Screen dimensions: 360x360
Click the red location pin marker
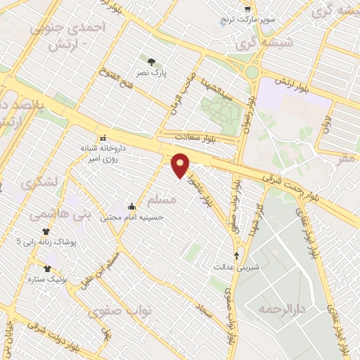pos(181,165)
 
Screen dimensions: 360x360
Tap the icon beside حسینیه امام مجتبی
pos(131,207)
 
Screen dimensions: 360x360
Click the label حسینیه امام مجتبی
pos(132,217)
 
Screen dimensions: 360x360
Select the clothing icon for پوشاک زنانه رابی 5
pos(46,231)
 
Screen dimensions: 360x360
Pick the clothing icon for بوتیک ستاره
pos(47,268)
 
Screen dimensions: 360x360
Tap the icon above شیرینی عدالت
pos(236,256)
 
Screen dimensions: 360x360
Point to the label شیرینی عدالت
pos(236,267)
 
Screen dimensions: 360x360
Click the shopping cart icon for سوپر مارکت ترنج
pos(247,8)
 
